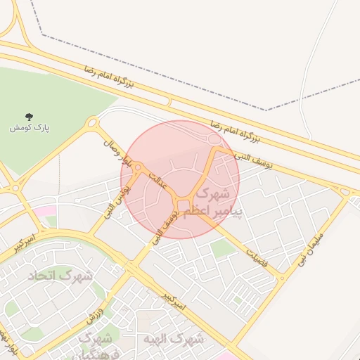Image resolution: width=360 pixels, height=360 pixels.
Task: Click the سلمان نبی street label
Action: pos(311,245)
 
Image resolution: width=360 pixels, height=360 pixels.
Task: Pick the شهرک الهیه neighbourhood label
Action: pos(173,339)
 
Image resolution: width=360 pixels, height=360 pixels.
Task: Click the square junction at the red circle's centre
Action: pos(184,205)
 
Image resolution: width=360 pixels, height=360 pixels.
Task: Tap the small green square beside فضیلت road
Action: pos(223,247)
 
